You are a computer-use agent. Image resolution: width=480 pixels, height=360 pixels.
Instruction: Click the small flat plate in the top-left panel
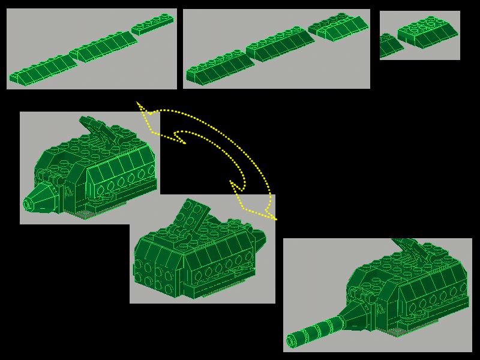[x=152, y=24]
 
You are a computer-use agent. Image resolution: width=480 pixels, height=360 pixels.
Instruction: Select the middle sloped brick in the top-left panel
[x=103, y=47]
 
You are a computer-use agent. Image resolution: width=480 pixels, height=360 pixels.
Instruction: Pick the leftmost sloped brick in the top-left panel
[x=43, y=70]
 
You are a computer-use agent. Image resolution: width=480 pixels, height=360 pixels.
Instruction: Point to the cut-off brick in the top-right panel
[x=389, y=46]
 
